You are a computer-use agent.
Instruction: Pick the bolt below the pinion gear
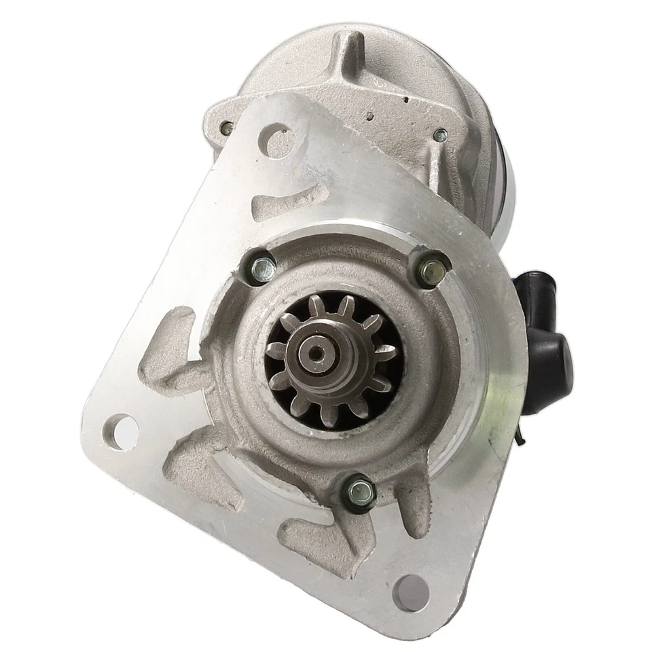point(359,488)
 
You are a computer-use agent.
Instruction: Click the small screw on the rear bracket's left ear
point(229,126)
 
